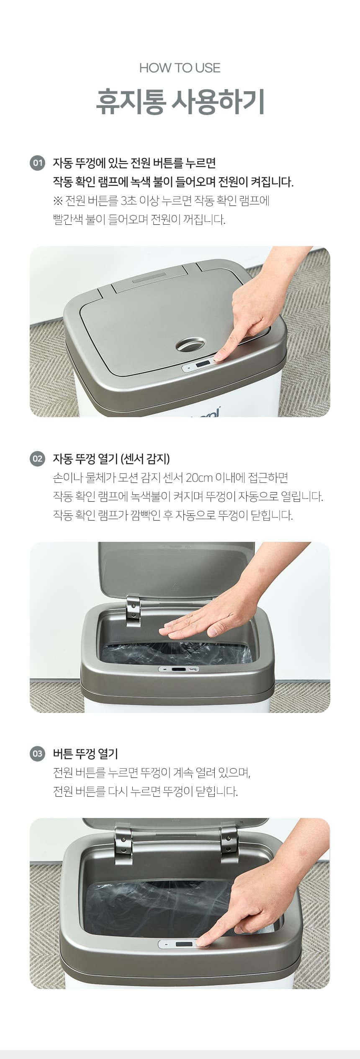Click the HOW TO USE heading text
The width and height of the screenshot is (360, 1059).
coord(180,68)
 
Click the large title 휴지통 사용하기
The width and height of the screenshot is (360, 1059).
coord(180,102)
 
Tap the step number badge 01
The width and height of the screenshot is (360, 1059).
coord(37,163)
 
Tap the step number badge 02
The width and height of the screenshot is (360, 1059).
coord(37,459)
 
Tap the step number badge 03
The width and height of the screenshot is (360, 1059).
coord(37,754)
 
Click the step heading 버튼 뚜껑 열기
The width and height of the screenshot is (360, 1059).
coord(85,754)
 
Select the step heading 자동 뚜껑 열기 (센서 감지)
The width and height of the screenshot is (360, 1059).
coord(111,459)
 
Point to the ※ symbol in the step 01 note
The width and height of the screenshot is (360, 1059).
coord(58,201)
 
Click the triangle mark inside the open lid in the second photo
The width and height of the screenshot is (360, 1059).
coord(176,587)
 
